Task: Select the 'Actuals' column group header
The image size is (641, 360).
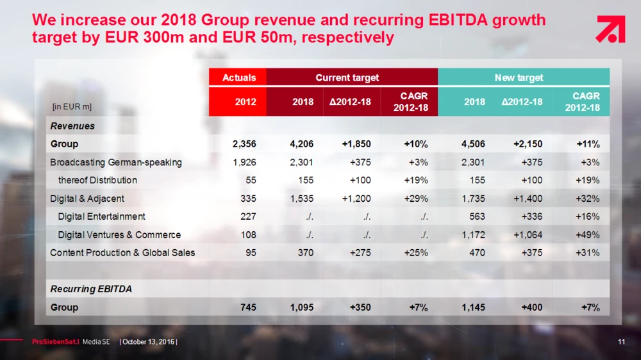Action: (x=238, y=78)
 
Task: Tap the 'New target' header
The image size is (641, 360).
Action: (x=519, y=78)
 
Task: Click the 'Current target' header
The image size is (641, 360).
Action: (x=347, y=78)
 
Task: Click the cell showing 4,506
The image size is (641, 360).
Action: (x=473, y=144)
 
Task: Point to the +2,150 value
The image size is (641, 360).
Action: (x=528, y=144)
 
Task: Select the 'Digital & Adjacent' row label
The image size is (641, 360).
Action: (x=87, y=199)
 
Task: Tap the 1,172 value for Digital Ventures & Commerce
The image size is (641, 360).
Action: (x=473, y=235)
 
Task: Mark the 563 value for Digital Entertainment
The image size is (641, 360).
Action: (x=477, y=217)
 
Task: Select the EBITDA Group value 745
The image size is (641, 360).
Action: (x=248, y=307)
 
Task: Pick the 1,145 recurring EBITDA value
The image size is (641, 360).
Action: (x=473, y=307)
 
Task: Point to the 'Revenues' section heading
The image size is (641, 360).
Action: (x=72, y=126)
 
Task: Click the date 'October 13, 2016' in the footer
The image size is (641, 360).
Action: (x=149, y=342)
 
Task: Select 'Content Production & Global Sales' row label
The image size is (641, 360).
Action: (x=122, y=253)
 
